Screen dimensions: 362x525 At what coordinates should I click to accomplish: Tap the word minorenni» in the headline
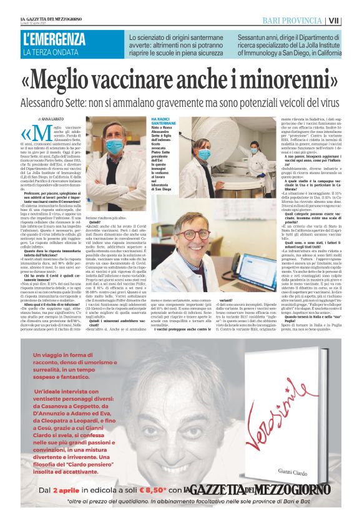point(275,81)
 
